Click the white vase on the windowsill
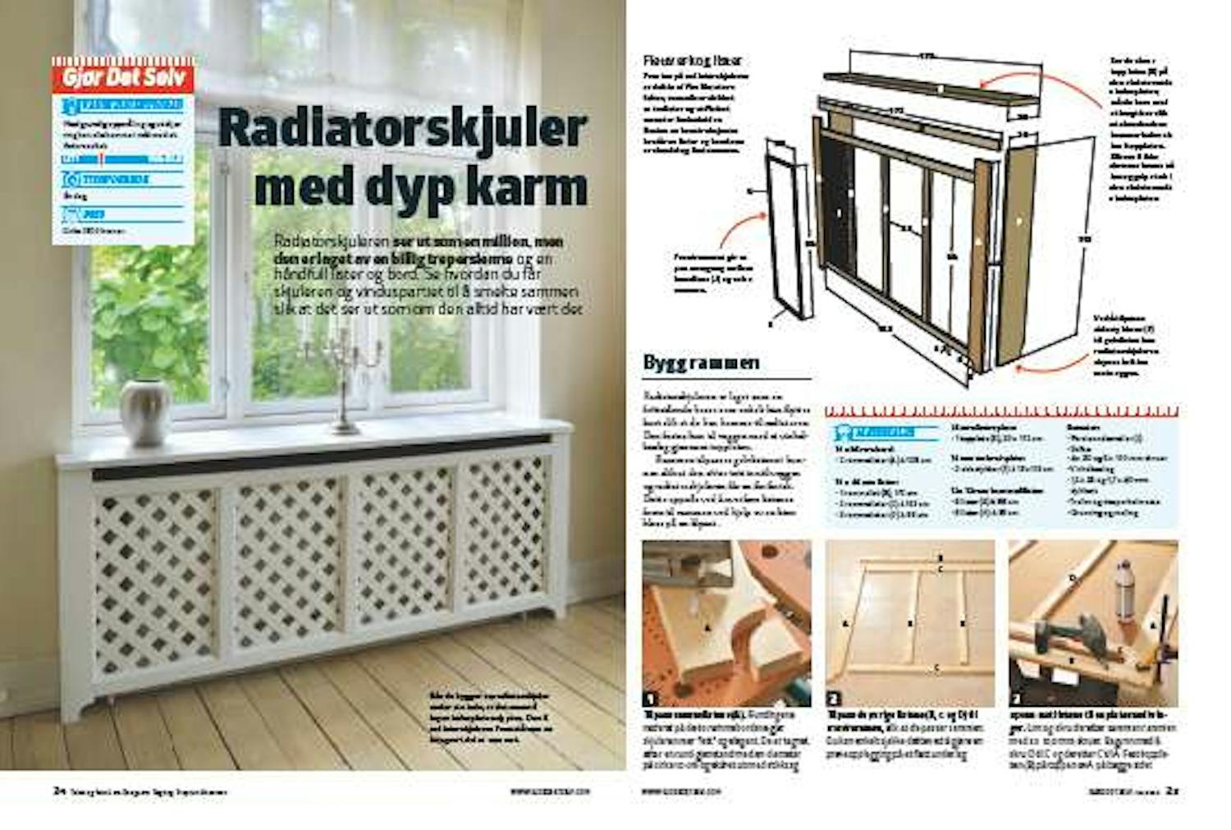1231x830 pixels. click(145, 412)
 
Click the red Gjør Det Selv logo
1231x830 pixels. click(123, 78)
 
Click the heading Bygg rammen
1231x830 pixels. click(701, 363)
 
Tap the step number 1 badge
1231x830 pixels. click(652, 699)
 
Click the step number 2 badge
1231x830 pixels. click(834, 699)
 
